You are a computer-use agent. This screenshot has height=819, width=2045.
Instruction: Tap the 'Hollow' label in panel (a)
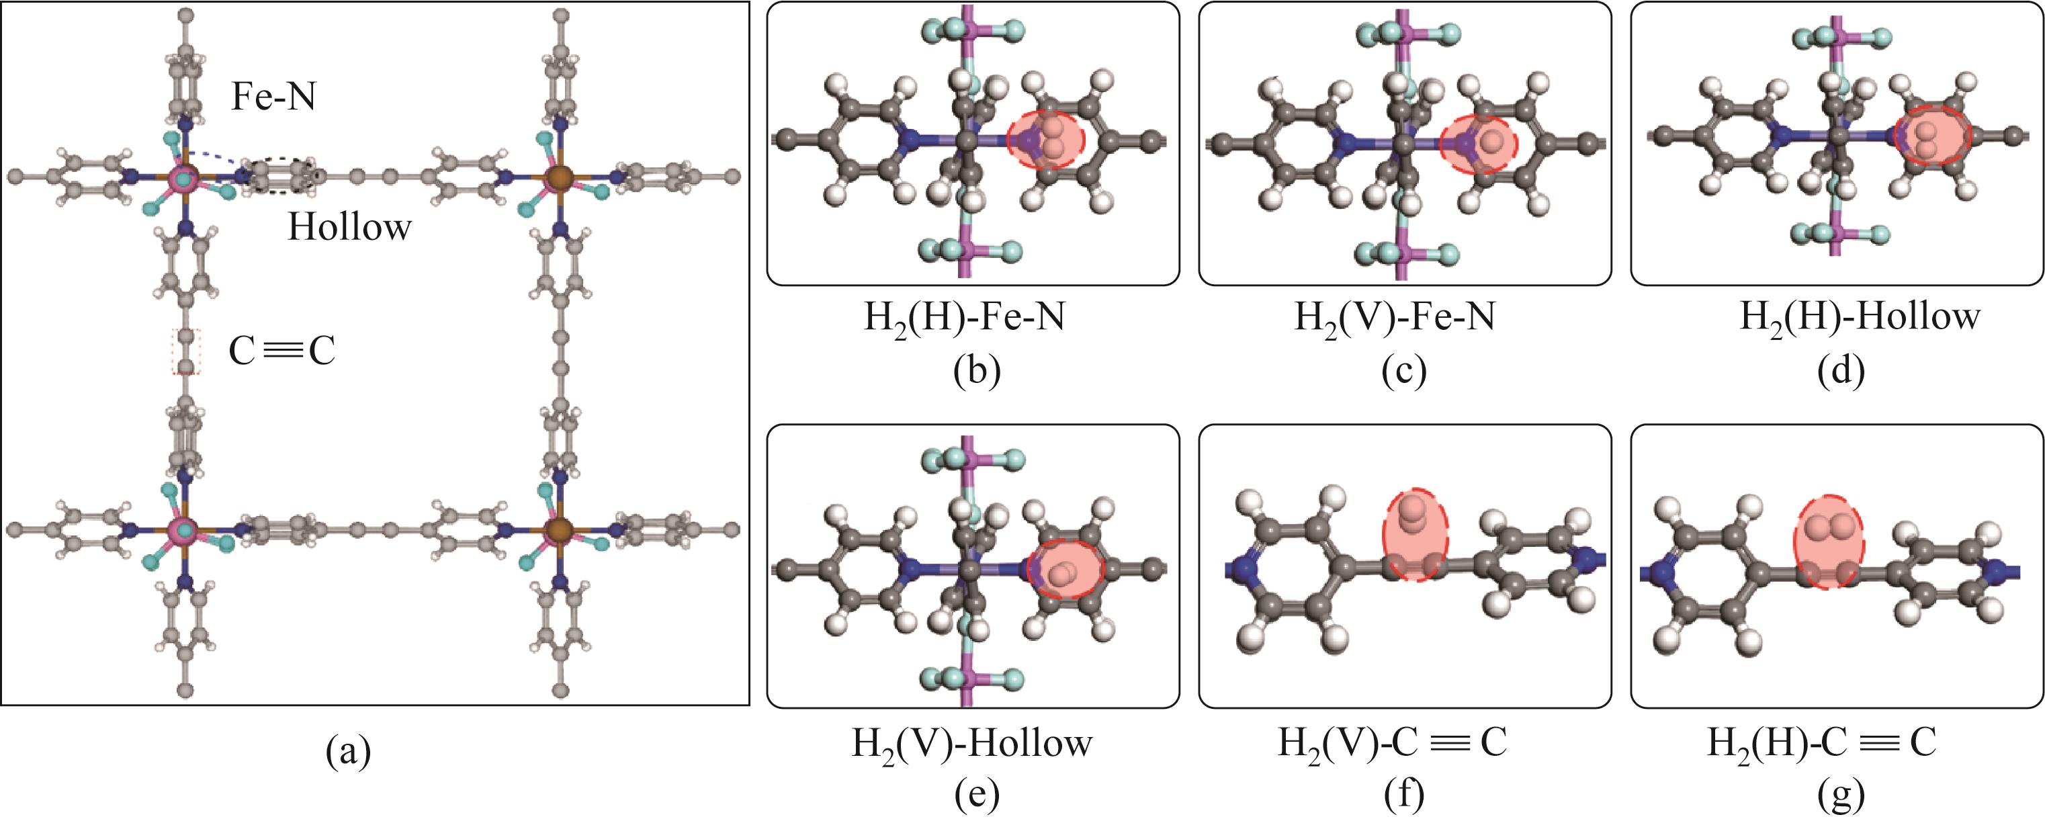pyautogui.click(x=349, y=228)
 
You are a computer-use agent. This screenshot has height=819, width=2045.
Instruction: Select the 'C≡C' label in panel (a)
pyautogui.click(x=281, y=351)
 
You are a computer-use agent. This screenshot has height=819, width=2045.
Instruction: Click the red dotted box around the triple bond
pyautogui.click(x=187, y=351)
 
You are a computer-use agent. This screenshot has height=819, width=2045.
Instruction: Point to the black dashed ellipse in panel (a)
pyautogui.click(x=281, y=175)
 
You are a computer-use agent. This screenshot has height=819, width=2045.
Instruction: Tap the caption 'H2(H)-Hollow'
pyautogui.click(x=1838, y=317)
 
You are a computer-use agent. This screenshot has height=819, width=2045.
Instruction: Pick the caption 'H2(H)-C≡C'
pyautogui.click(x=1822, y=744)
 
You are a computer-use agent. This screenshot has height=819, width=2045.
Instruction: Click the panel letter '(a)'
pyautogui.click(x=349, y=750)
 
